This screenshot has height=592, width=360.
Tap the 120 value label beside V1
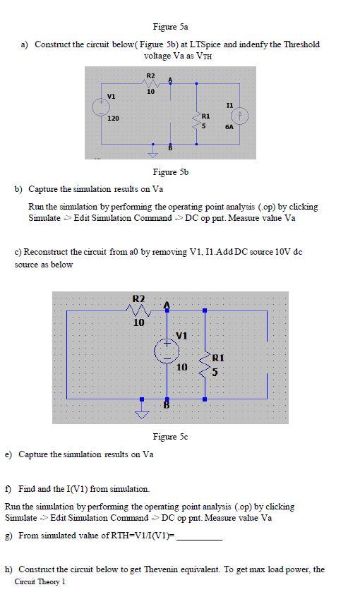[x=113, y=119]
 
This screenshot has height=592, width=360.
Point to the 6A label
[x=229, y=127]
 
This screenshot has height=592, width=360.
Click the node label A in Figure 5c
[x=167, y=304]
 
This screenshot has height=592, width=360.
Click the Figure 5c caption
[x=170, y=437]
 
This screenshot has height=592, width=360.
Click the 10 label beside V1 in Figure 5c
[x=181, y=367]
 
